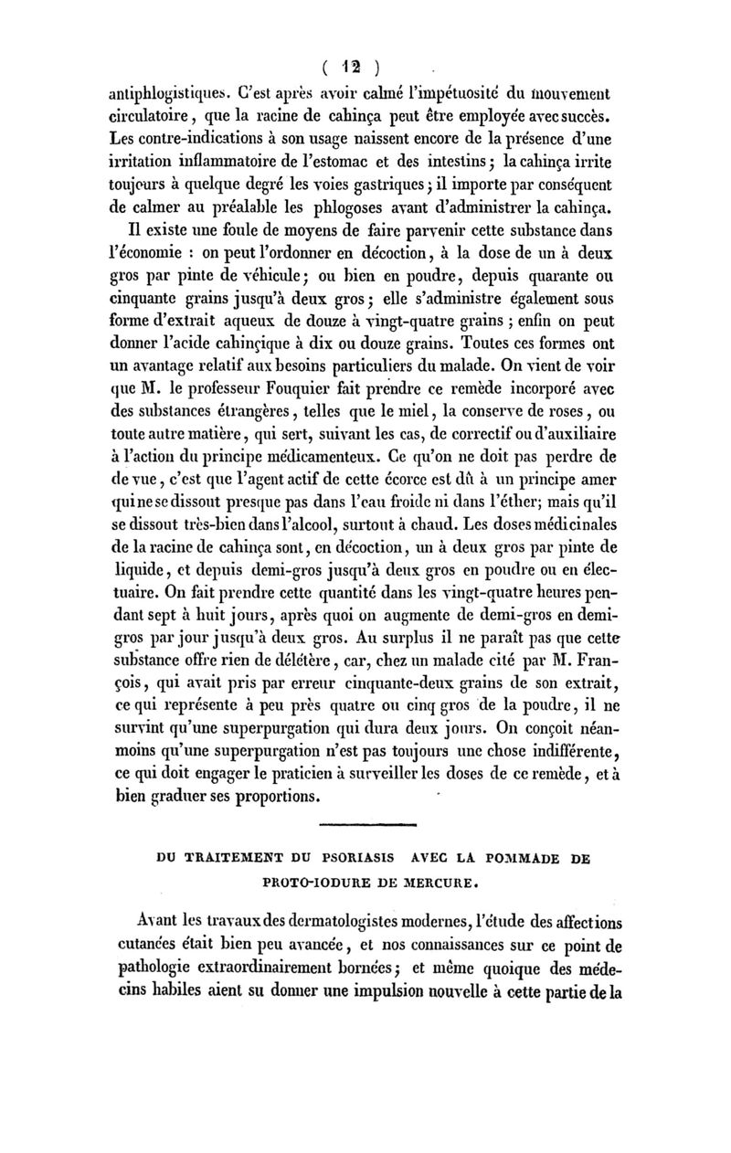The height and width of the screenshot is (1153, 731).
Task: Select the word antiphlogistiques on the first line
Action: pyautogui.click(x=162, y=93)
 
